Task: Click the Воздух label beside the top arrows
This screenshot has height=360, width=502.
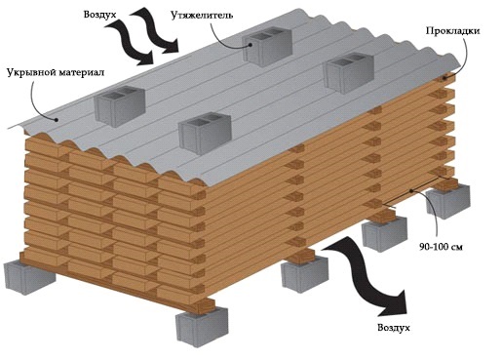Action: pyautogui.click(x=99, y=15)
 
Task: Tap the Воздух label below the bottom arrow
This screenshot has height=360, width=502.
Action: pyautogui.click(x=394, y=328)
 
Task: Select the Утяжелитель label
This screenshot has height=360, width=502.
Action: pyautogui.click(x=202, y=16)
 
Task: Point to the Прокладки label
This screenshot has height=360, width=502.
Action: pyautogui.click(x=452, y=31)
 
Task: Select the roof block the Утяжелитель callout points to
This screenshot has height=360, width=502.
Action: pyautogui.click(x=267, y=46)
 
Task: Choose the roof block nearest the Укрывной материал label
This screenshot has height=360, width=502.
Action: pyautogui.click(x=120, y=105)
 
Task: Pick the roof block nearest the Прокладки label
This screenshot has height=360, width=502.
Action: pyautogui.click(x=350, y=73)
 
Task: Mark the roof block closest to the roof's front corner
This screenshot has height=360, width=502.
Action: pyautogui.click(x=205, y=133)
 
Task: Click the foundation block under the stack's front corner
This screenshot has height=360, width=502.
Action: pyautogui.click(x=202, y=326)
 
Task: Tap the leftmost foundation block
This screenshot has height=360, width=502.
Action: pyautogui.click(x=29, y=277)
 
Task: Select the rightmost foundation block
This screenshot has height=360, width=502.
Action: pyautogui.click(x=448, y=201)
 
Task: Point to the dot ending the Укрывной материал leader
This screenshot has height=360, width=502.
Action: pyautogui.click(x=57, y=120)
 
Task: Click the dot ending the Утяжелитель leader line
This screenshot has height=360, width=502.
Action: pyautogui.click(x=251, y=45)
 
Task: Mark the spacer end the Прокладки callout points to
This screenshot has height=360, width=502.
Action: pyautogui.click(x=444, y=78)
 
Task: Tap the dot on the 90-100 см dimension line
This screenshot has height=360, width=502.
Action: pyautogui.click(x=411, y=191)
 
